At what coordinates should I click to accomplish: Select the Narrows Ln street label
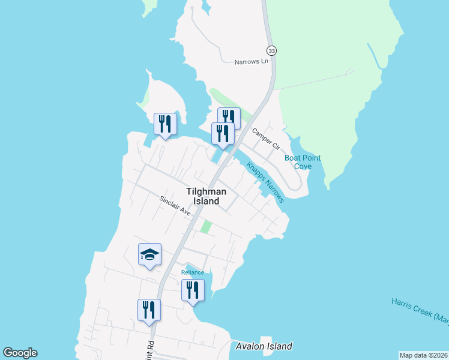[x=251, y=61]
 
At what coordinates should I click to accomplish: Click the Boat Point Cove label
[x=303, y=162]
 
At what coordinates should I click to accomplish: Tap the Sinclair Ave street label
[x=175, y=206]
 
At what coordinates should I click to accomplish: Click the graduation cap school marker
[x=149, y=255]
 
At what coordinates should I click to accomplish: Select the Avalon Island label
[x=264, y=346]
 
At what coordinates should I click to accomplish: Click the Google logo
[x=20, y=353]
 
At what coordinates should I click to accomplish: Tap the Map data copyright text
[x=423, y=355]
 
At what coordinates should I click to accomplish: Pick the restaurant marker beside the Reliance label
[x=193, y=291]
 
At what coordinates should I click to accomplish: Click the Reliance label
[x=193, y=272]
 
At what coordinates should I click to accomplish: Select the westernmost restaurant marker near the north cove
[x=165, y=124]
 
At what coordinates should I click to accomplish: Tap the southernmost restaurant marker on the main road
[x=149, y=310]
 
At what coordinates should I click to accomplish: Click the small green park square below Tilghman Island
[x=206, y=227]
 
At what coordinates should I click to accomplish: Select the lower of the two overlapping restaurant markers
[x=221, y=134]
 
